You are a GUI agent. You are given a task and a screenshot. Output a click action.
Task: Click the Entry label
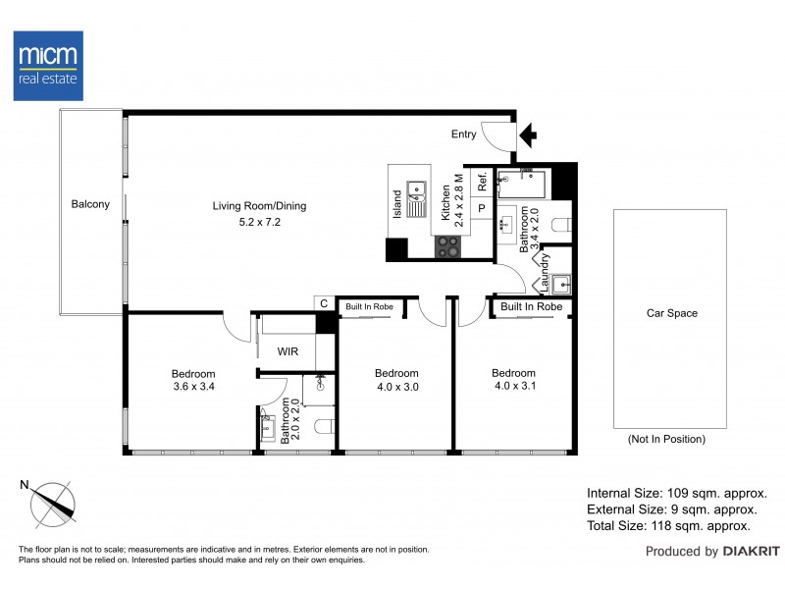pyautogui.click(x=463, y=134)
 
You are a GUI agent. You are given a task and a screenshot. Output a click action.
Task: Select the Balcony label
pyautogui.click(x=90, y=204)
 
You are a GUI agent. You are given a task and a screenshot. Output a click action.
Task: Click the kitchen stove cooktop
pyautogui.click(x=447, y=246)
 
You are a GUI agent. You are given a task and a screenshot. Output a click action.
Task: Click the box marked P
pyautogui.click(x=482, y=208)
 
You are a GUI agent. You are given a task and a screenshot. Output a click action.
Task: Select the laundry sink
pyautogui.click(x=559, y=286)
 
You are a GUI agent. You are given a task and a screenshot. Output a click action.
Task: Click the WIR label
pyautogui.click(x=288, y=350)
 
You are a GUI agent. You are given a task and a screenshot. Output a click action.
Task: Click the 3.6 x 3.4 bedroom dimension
pyautogui.click(x=193, y=387)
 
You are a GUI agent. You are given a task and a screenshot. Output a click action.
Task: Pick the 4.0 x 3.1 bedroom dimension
pyautogui.click(x=513, y=387)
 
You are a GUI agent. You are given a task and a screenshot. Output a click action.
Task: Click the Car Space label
pyautogui.click(x=671, y=314)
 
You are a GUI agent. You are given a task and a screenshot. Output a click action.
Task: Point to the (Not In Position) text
pyautogui.click(x=665, y=440)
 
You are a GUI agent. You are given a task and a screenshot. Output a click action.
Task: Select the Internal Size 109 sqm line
pyautogui.click(x=676, y=494)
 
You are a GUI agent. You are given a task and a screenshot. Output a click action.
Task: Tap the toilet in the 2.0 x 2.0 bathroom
pyautogui.click(x=330, y=426)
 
